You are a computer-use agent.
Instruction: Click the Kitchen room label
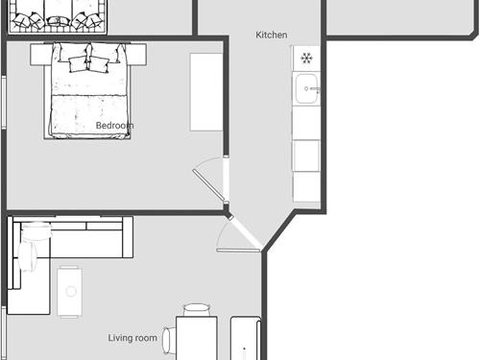pyautogui.click(x=272, y=35)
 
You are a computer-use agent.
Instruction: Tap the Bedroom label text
pyautogui.click(x=114, y=126)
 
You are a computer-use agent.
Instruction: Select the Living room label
pyautogui.click(x=132, y=338)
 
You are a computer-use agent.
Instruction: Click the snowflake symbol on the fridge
pyautogui.click(x=306, y=59)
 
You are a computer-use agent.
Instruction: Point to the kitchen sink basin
pyautogui.click(x=306, y=88)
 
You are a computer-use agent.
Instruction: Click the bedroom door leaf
pyautogui.click(x=209, y=185)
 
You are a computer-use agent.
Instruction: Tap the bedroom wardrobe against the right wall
pyautogui.click(x=206, y=92)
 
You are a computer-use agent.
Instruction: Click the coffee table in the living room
pyautogui.click(x=70, y=292)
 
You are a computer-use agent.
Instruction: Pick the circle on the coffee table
pyautogui.click(x=71, y=291)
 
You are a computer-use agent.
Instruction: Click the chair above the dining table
pyautogui.click(x=197, y=310)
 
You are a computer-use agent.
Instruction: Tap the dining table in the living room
pyautogui.click(x=197, y=338)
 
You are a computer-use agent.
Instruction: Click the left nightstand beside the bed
pyautogui.click(x=41, y=55)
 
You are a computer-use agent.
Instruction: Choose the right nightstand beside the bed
pyautogui.click(x=137, y=55)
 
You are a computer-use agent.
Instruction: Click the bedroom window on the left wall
pyautogui.click(x=4, y=103)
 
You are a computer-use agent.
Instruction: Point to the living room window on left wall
pyautogui.click(x=4, y=333)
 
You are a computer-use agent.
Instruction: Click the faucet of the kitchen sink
pyautogui.click(x=312, y=88)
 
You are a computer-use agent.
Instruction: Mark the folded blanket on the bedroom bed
pyautogui.click(x=88, y=116)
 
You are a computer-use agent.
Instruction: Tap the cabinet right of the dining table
pyautogui.click(x=246, y=338)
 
